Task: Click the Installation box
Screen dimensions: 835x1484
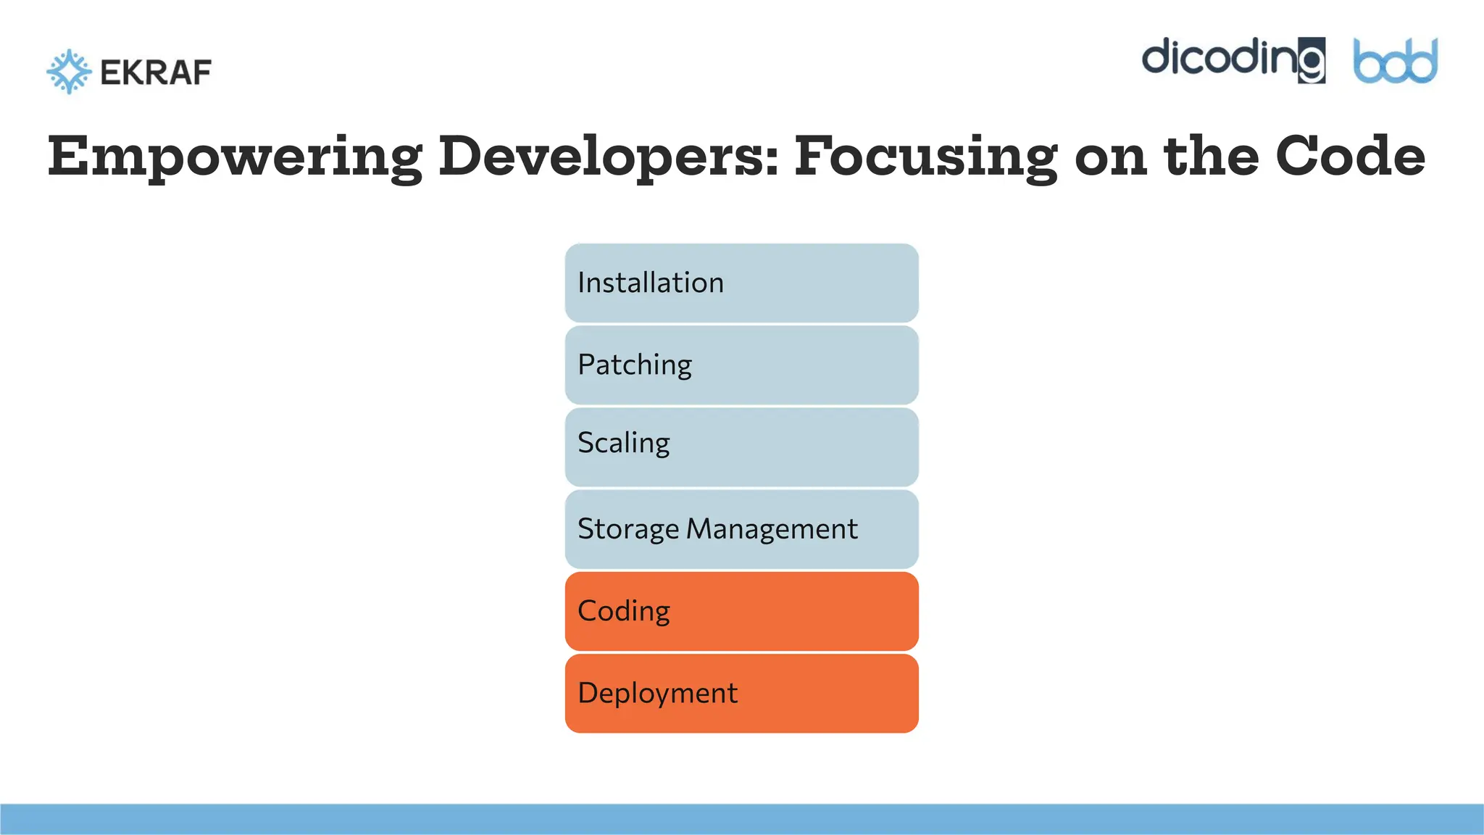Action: [741, 283]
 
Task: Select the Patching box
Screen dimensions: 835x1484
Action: [741, 365]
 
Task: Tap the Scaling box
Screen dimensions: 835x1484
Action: [741, 446]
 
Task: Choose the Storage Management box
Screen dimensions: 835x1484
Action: [741, 529]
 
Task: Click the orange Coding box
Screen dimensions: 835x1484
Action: [741, 611]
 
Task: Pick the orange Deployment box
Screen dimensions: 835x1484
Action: [741, 693]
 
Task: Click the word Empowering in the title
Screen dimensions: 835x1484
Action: [235, 157]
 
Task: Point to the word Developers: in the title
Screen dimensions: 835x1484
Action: [609, 157]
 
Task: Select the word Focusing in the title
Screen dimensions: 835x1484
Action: [926, 157]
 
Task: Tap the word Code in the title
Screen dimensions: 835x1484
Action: [1350, 156]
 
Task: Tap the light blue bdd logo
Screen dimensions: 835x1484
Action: [1395, 62]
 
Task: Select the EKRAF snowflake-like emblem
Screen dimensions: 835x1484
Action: [69, 72]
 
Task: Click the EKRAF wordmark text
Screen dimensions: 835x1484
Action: [156, 72]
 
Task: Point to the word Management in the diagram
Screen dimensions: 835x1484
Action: [772, 529]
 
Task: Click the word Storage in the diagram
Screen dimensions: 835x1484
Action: [628, 529]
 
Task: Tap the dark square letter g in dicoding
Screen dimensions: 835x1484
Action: [1311, 61]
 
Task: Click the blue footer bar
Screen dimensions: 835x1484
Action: [741, 819]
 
